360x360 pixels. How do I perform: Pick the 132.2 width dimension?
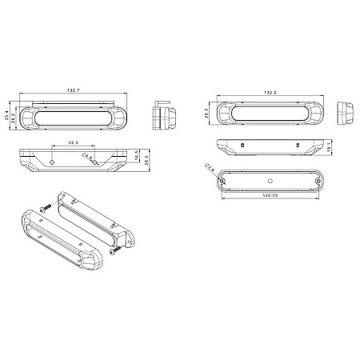click(x=270, y=93)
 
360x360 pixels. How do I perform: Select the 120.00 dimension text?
click(x=270, y=194)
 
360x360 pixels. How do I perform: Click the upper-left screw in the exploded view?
click(x=45, y=207)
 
